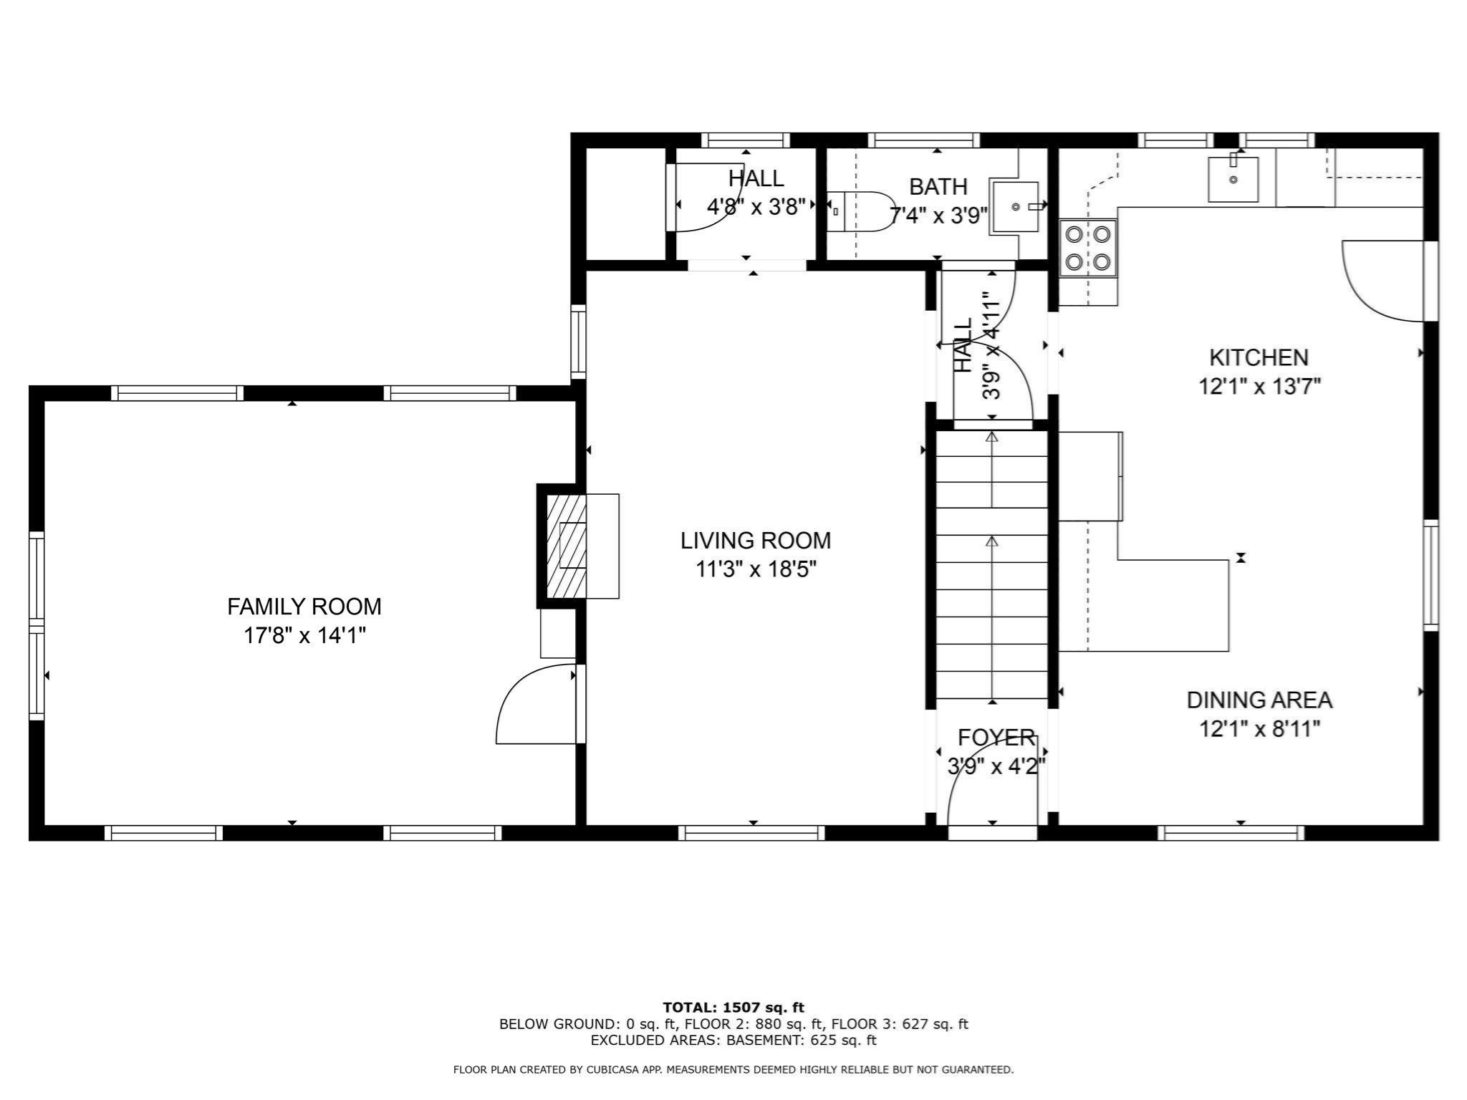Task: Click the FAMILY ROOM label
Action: click(x=304, y=607)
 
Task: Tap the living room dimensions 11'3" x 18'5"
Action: click(x=756, y=569)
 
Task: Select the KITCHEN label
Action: click(x=1259, y=357)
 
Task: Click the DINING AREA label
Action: click(x=1259, y=700)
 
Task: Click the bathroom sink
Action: click(x=1014, y=208)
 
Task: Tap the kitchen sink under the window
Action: click(x=1233, y=180)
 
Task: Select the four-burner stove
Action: click(x=1087, y=248)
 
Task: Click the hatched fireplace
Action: click(x=566, y=546)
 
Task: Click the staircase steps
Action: click(x=992, y=566)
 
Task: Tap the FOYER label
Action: click(x=996, y=737)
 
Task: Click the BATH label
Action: click(x=938, y=187)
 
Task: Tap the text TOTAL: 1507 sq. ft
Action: click(x=733, y=1008)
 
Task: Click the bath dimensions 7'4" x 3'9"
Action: click(x=938, y=215)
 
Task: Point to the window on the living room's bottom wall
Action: click(x=751, y=832)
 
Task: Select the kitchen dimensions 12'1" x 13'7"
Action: click(x=1259, y=387)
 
